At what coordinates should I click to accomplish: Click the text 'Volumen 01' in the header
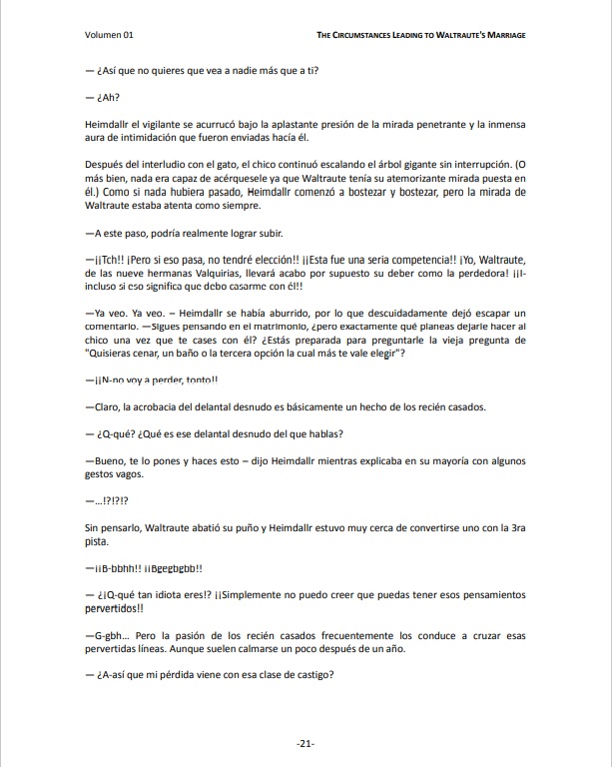click(110, 35)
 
